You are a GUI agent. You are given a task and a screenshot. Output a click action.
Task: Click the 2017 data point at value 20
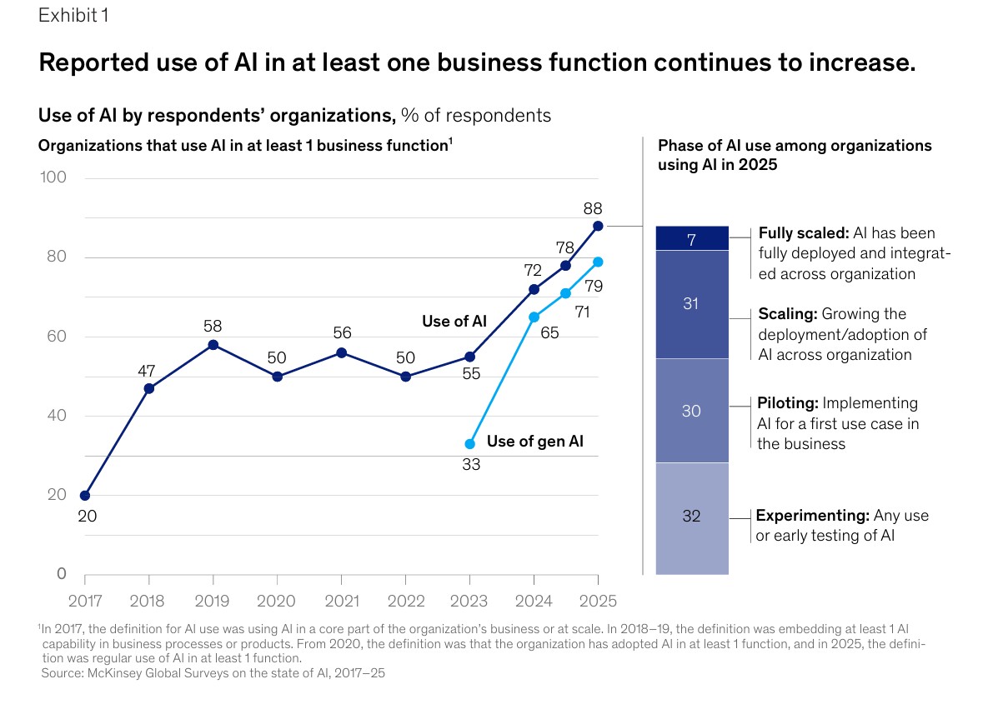[x=85, y=496]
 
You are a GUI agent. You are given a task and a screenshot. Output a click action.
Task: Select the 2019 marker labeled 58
[x=213, y=345]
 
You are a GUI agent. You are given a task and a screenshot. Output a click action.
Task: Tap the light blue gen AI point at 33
[x=470, y=444]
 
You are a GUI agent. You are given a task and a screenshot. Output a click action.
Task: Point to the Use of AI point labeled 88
[x=598, y=226]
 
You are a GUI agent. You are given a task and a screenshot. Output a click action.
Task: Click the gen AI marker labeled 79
[x=598, y=262]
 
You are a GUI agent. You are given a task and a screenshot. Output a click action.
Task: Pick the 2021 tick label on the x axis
[x=342, y=599]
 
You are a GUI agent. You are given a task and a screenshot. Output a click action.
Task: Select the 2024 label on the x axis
[x=534, y=599]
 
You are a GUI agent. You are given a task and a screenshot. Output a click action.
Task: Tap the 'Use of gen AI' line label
[x=534, y=442]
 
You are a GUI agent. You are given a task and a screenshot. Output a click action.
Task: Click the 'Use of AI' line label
[x=454, y=322]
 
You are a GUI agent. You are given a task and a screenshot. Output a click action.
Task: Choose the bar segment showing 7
[x=692, y=238]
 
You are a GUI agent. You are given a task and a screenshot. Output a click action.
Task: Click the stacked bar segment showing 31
[x=692, y=304]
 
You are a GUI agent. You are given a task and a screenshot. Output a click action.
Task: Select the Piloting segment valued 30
[x=692, y=411]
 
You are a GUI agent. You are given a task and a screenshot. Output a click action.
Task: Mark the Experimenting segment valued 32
[x=692, y=517]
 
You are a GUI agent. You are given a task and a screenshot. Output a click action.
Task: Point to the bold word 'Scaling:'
[x=788, y=315]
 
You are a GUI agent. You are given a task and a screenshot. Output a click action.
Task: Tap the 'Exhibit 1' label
[x=73, y=16]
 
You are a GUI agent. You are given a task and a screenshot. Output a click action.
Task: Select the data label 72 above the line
[x=533, y=271]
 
